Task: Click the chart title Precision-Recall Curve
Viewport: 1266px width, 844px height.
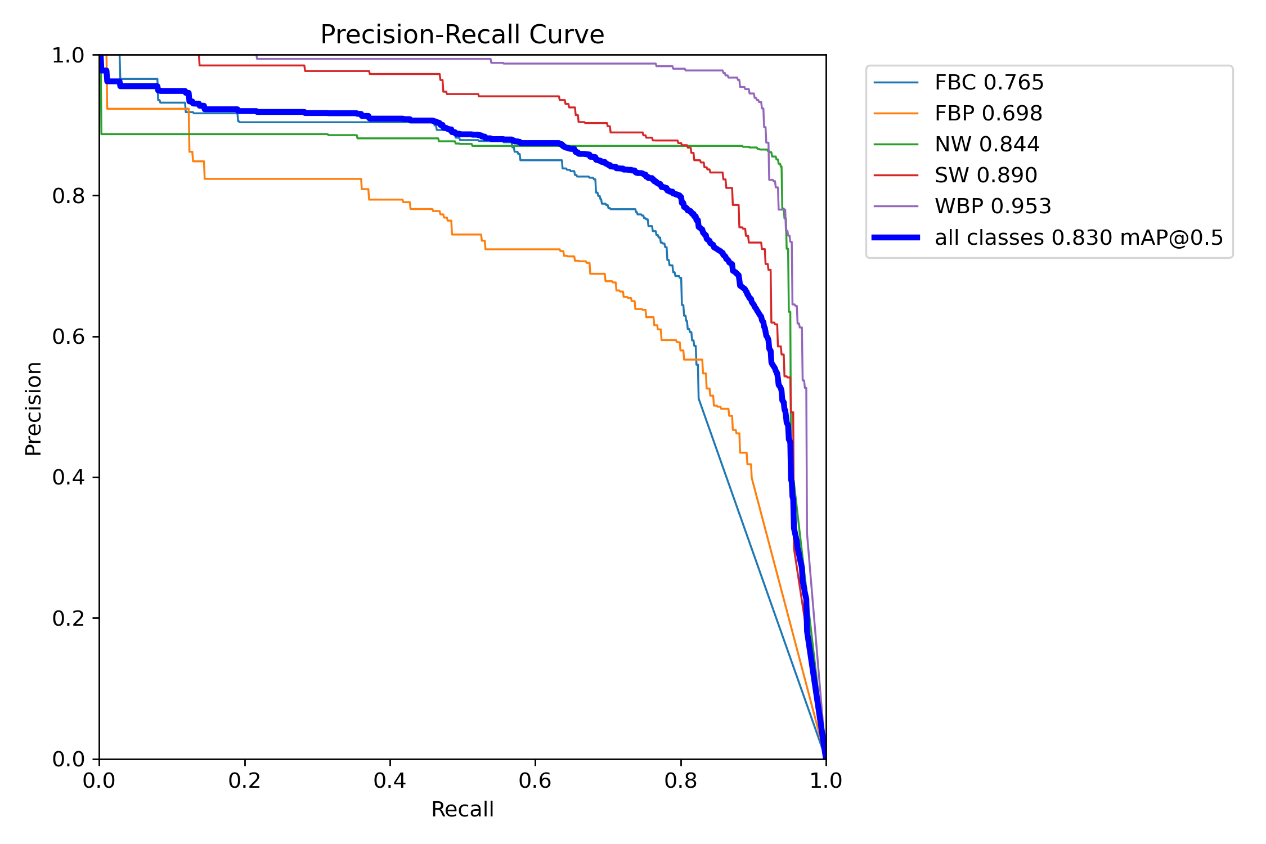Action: pos(462,35)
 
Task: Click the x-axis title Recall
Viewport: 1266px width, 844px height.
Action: pos(462,809)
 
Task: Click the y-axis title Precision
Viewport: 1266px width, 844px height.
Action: pos(34,408)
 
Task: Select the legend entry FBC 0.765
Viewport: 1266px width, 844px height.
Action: pos(989,83)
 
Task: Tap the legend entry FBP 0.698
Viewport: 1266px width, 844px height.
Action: pos(988,114)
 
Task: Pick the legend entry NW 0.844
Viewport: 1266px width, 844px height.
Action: pos(986,145)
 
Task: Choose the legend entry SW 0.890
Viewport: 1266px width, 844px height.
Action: pos(985,176)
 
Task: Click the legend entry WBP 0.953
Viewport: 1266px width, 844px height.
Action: pos(993,206)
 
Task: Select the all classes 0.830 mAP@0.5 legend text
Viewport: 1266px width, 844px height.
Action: pos(1079,237)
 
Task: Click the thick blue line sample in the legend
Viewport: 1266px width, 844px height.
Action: pos(896,237)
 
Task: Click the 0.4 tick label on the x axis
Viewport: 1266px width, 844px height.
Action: pos(390,780)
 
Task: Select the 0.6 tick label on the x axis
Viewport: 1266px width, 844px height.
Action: pos(535,780)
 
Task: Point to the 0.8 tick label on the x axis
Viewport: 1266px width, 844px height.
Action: pos(681,780)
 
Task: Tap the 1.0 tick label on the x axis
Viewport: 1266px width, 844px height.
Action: pos(825,780)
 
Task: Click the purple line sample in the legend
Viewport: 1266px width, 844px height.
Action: pos(896,206)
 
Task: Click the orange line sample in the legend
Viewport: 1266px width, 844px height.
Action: pos(896,114)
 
